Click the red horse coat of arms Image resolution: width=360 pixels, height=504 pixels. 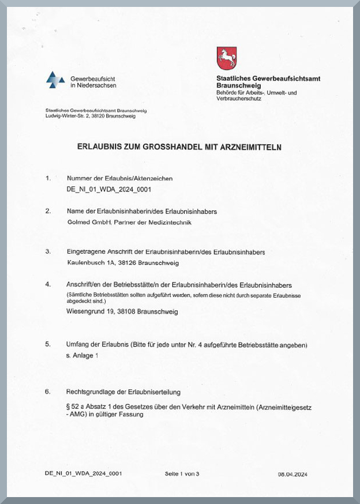click(227, 58)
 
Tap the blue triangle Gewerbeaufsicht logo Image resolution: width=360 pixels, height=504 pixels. click(55, 80)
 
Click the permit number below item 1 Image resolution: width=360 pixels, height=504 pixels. click(104, 189)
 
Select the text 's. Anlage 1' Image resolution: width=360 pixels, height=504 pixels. click(82, 355)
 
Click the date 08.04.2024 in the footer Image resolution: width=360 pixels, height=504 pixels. click(292, 474)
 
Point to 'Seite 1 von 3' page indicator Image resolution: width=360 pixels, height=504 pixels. click(182, 473)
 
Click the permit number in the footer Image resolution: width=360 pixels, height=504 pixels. click(83, 473)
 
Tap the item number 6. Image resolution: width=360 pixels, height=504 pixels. click(48, 392)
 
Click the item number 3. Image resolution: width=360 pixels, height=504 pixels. click(48, 251)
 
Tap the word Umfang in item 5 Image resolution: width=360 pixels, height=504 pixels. click(77, 344)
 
